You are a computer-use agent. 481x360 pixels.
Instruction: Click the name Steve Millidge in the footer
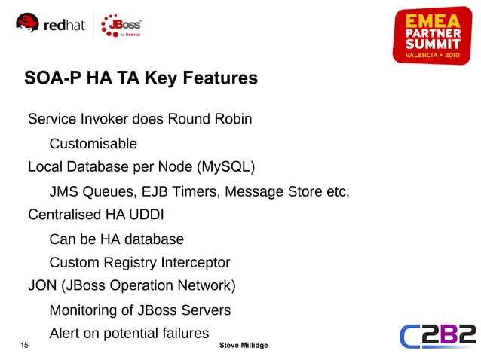tap(243, 345)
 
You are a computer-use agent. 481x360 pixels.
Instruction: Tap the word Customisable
tap(93, 143)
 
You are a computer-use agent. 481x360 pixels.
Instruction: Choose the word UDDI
tap(147, 215)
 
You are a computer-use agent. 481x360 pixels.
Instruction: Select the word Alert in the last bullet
tap(66, 333)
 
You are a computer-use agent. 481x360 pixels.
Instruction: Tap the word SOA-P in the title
tap(52, 78)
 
